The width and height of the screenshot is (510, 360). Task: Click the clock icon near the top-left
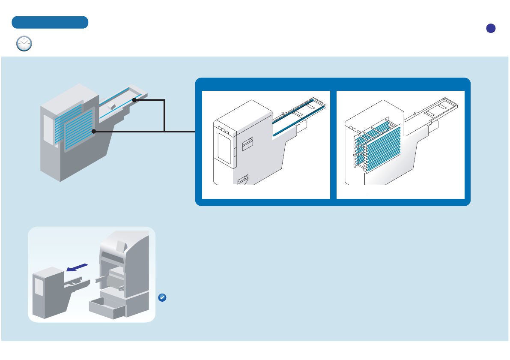pyautogui.click(x=24, y=44)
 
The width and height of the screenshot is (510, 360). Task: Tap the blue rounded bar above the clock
pyautogui.click(x=50, y=22)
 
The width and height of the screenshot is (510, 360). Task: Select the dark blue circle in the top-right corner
pyautogui.click(x=491, y=28)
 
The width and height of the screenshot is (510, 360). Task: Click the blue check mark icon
pyautogui.click(x=162, y=298)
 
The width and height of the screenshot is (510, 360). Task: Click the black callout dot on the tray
pyautogui.click(x=134, y=100)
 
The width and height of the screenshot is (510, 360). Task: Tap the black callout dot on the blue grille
pyautogui.click(x=93, y=132)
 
